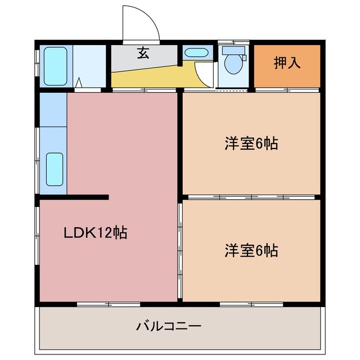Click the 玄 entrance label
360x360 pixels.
tap(143, 54)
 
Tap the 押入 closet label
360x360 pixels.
tap(287, 62)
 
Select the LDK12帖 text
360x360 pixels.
tap(94, 232)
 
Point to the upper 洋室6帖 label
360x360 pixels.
tap(251, 144)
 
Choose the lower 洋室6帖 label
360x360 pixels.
tap(251, 250)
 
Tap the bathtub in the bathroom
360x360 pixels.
tap(55, 66)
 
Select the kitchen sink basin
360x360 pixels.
tap(54, 169)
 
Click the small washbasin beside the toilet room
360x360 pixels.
tap(196, 54)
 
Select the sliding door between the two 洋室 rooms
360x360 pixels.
tap(251, 197)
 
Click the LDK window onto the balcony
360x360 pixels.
tap(101, 304)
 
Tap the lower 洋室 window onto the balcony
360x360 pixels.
tap(244, 304)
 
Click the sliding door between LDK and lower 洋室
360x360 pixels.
tap(180, 250)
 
